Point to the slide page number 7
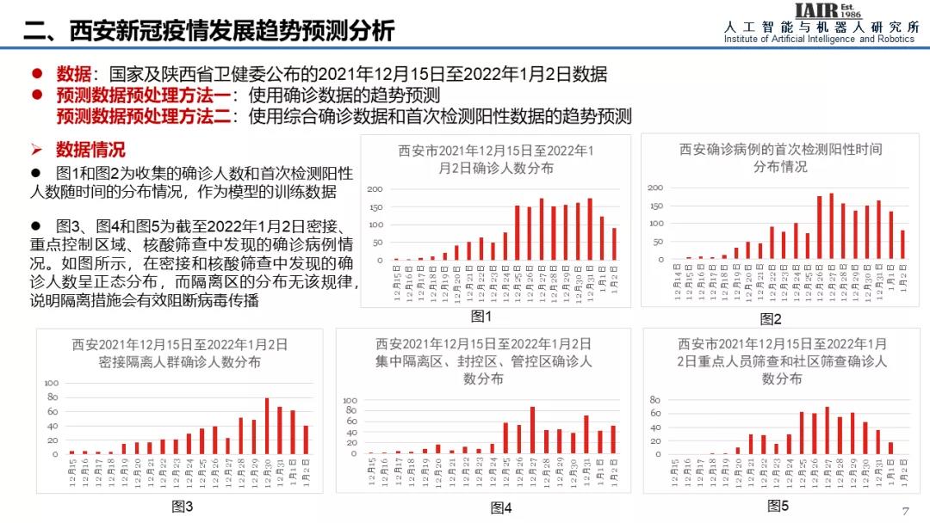pos(905,510)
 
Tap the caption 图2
pos(771,319)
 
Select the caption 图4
pos(501,508)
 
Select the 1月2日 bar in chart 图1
pos(614,243)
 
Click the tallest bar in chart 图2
pos(831,225)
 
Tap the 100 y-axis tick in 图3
pos(51,384)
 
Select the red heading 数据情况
pos(90,150)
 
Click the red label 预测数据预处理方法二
pos(143,116)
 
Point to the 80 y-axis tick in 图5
pos(654,400)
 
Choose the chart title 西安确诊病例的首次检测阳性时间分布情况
pos(780,157)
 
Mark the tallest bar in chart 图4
pos(532,430)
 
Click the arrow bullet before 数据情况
pos(37,150)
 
